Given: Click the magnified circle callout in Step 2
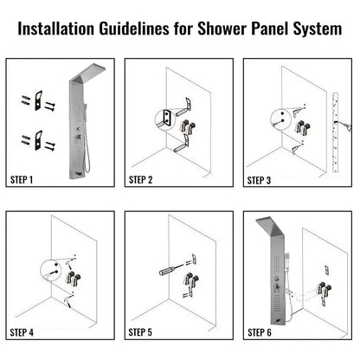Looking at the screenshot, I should pyautogui.click(x=163, y=118).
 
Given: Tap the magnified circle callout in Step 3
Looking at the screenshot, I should pyautogui.click(x=280, y=118).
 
